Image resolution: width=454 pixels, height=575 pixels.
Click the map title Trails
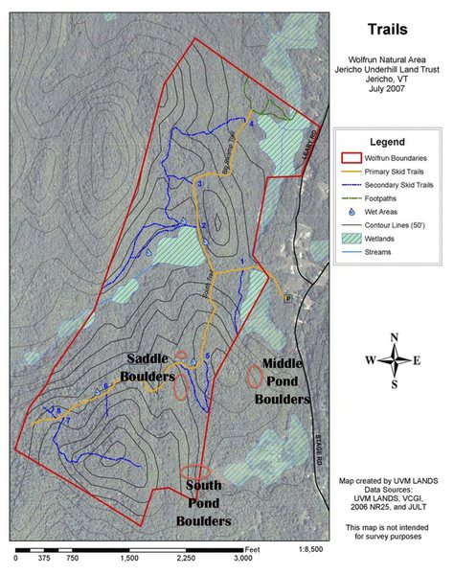(391, 32)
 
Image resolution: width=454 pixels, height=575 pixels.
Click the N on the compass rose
(394, 335)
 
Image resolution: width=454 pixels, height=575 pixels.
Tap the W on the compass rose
(369, 360)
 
